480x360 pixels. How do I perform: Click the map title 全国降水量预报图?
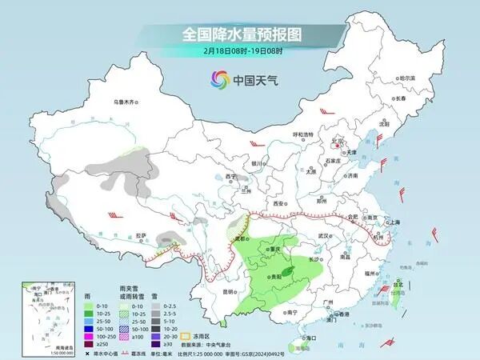click(239, 34)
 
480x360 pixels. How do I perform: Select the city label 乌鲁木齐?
click(126, 102)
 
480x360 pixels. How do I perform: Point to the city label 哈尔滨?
click(407, 78)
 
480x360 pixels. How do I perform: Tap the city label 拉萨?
click(142, 235)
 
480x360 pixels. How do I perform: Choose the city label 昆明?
click(230, 290)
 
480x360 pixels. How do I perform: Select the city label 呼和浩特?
click(303, 134)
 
